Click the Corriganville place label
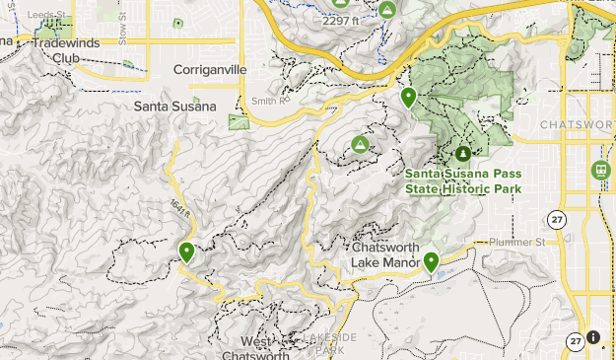click(x=210, y=69)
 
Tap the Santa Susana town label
click(x=174, y=106)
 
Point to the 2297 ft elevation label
click(x=342, y=20)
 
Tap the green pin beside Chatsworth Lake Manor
click(x=431, y=261)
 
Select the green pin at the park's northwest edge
click(x=408, y=97)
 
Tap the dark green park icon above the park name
click(x=463, y=154)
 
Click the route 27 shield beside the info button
click(x=575, y=341)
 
